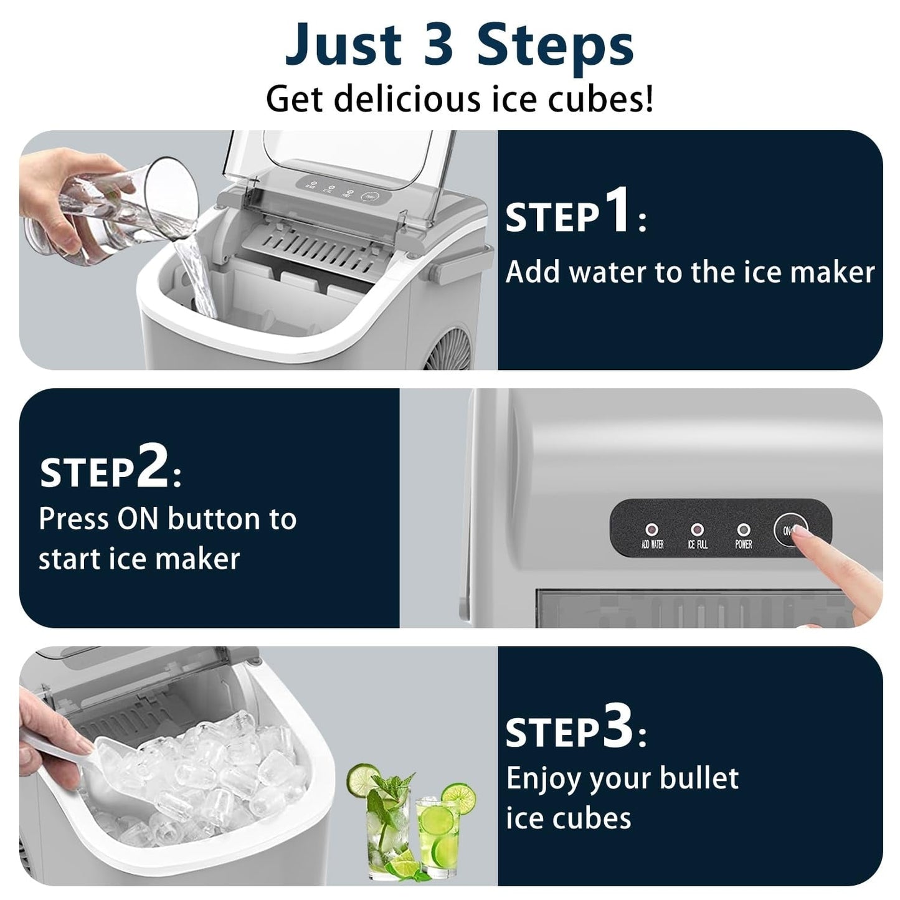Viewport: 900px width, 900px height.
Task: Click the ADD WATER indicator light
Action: coord(652,530)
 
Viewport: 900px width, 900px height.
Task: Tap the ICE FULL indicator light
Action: coord(698,530)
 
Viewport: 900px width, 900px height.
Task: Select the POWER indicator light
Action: coord(743,530)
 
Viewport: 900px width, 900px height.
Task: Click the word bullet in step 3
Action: coord(698,778)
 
